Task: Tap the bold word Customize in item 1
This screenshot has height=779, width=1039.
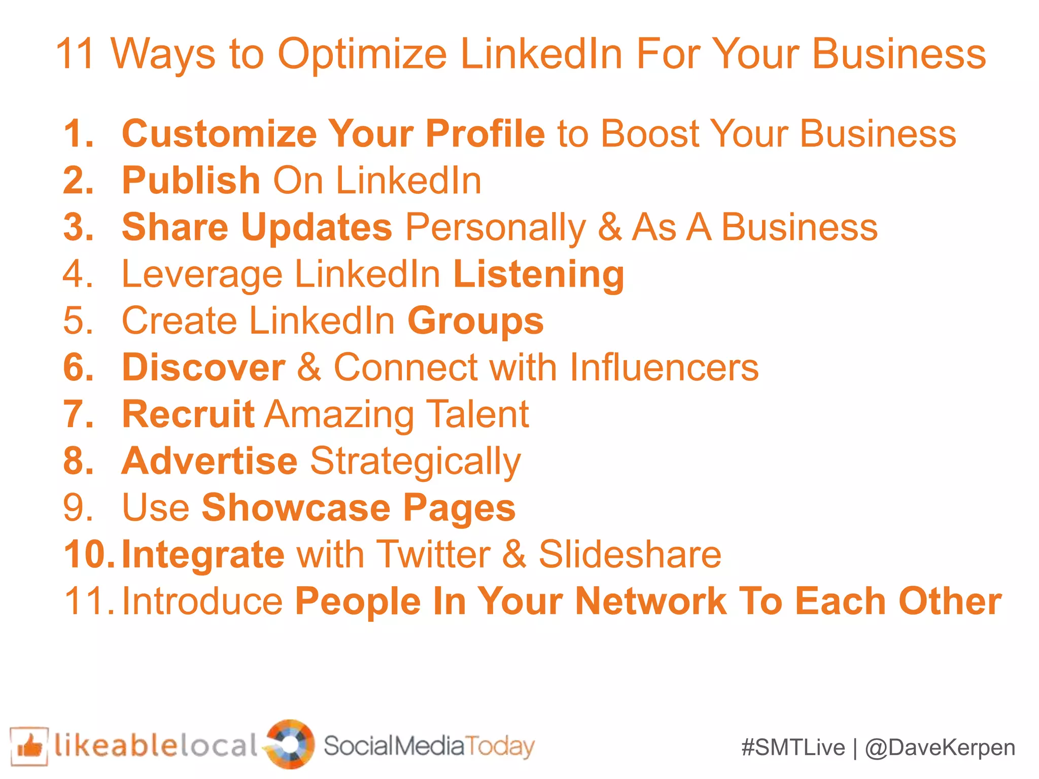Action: coord(219,134)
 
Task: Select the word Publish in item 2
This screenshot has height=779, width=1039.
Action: coord(191,181)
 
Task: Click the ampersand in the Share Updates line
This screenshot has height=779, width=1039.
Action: coord(609,227)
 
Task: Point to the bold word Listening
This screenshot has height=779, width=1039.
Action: coord(538,274)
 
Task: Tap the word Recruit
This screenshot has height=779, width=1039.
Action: coord(188,414)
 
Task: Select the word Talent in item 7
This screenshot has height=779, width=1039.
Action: coord(477,414)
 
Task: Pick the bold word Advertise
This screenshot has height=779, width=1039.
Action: coord(210,461)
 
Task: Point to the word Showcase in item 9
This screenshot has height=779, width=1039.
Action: coord(296,508)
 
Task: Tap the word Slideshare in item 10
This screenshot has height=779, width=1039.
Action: coord(630,554)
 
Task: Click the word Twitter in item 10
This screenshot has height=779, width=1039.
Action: coord(434,554)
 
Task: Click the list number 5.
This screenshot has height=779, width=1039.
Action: coord(78,321)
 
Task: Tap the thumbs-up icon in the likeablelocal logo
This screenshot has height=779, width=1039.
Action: coord(29,746)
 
